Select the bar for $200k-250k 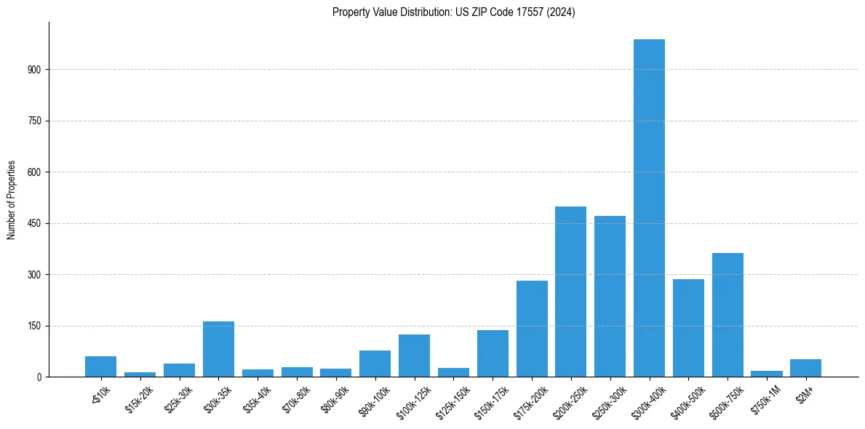pos(570,292)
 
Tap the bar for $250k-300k pos(610,297)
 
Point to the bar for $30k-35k pos(218,349)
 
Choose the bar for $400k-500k pos(688,328)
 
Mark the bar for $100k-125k pos(414,356)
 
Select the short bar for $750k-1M pos(767,374)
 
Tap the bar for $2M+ pos(805,368)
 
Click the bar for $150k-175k pos(493,353)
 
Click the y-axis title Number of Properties pos(11,199)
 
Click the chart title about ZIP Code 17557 pos(453,12)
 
